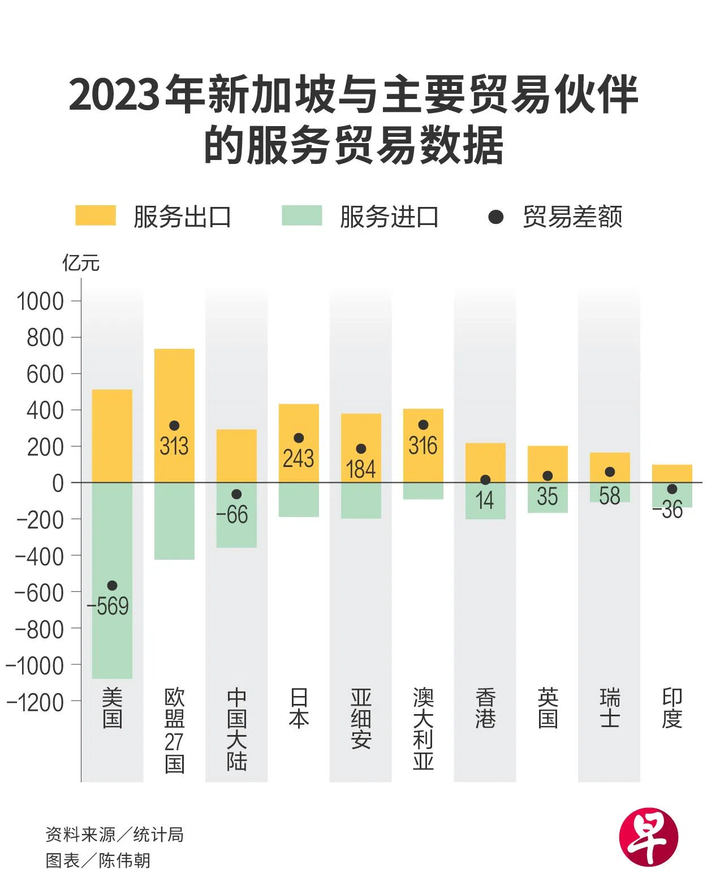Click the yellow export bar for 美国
pos(112,435)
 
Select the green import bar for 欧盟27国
pos(174,521)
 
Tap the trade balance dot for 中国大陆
pos(236,494)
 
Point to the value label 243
pos(298,458)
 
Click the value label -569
pos(108,606)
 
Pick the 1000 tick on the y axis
pos(40,301)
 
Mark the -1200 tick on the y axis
pos(35,702)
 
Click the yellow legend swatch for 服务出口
pos(96,216)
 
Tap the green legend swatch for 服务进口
pos(301,216)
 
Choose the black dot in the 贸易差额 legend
pos(495,217)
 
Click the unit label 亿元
pos(81,263)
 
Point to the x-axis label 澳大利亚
pos(423,729)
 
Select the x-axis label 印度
pos(672,708)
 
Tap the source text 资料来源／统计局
pos(115,835)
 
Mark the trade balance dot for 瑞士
pos(610,472)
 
